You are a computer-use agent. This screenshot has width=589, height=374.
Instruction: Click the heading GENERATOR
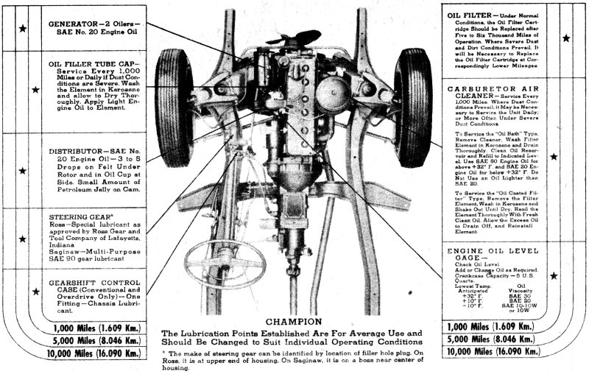pos(76,23)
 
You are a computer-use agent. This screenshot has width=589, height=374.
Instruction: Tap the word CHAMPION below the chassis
pos(294,322)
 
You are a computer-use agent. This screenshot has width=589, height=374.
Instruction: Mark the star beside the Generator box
pos(24,29)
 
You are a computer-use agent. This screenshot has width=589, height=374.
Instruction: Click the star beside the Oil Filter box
pos(565,38)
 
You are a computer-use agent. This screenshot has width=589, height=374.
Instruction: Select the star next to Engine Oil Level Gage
pos(554,276)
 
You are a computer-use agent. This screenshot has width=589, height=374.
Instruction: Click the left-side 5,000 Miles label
pos(86,341)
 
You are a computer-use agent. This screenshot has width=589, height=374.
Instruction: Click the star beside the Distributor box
pos(24,170)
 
